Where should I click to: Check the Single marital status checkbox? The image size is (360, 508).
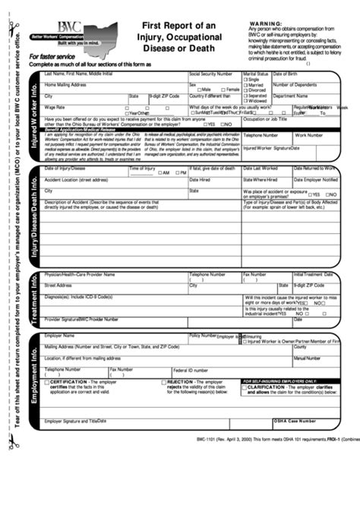pos(245,80)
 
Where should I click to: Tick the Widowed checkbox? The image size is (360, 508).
pos(245,101)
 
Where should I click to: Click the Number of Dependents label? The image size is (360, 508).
pos(295,85)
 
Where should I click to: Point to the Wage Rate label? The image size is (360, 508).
pos(55,108)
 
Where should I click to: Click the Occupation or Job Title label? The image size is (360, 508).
pos(265,119)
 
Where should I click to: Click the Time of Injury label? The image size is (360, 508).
pos(143,168)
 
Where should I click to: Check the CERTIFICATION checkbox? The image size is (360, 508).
pos(46,382)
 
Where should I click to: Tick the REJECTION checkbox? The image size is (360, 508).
pos(164,382)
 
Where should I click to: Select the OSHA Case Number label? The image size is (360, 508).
pos(295,420)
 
